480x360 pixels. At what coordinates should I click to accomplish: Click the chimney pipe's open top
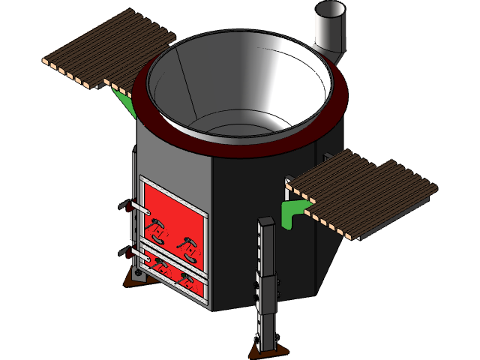(329, 10)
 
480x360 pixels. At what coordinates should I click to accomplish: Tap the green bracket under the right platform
(293, 211)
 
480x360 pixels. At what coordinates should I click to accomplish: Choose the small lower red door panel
(174, 273)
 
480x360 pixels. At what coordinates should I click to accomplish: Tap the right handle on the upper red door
(187, 244)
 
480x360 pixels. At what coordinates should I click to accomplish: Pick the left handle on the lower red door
(160, 262)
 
